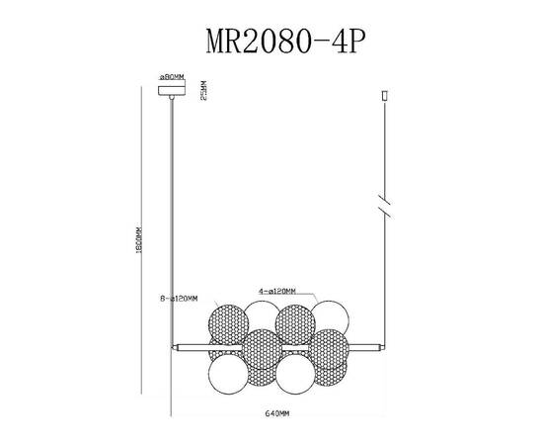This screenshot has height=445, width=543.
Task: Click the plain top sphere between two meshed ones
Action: pos(261,318)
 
